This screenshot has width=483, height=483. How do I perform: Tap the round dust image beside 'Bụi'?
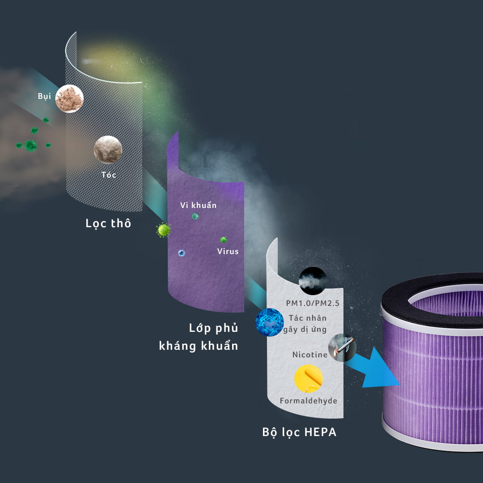[x=69, y=98]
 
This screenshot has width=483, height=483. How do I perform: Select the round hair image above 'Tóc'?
[x=108, y=149]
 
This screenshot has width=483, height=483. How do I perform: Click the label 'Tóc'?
[x=109, y=175]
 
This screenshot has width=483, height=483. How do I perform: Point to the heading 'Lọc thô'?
[x=108, y=223]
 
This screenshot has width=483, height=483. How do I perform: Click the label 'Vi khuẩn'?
[x=198, y=205]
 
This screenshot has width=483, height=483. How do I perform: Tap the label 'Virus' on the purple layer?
[x=228, y=251]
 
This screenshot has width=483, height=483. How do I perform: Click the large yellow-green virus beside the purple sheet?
[x=164, y=230]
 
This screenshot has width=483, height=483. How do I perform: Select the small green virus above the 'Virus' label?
[x=223, y=240]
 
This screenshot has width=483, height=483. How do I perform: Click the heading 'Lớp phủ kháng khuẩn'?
[x=199, y=337]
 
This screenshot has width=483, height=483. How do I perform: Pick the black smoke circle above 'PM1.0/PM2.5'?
[x=312, y=280]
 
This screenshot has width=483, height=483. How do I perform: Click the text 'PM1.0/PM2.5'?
[x=313, y=304]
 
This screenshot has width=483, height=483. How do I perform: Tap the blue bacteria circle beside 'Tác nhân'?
[x=269, y=322]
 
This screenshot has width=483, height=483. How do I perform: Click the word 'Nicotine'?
[x=309, y=355]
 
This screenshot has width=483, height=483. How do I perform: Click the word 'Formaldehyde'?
[x=308, y=401]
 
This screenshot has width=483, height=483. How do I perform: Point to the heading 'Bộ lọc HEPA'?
[x=299, y=432]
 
